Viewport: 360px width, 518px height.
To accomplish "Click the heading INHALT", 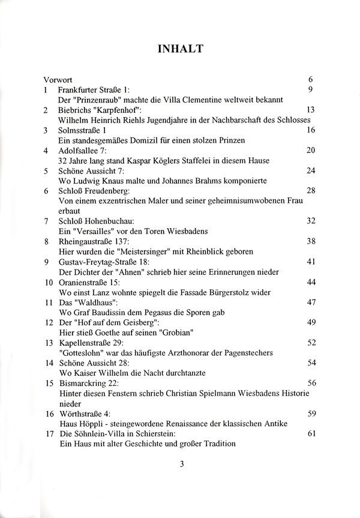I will (180, 49).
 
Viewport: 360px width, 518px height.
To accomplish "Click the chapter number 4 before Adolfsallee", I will (46, 150).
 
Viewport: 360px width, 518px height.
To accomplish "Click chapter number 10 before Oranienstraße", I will (47, 282).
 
